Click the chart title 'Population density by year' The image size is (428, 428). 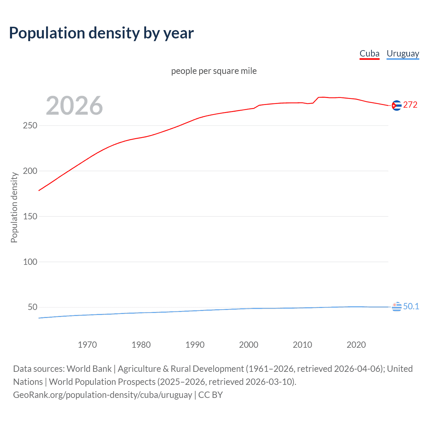tap(101, 33)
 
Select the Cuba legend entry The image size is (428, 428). tap(369, 53)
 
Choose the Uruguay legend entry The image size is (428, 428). tap(403, 53)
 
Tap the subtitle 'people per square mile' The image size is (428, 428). tap(214, 71)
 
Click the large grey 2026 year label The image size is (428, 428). tap(74, 105)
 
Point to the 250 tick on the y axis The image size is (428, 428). tap(30, 125)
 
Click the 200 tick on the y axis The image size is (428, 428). tap(30, 171)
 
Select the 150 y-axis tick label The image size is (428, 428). tap(30, 216)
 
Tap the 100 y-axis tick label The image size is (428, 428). tap(30, 262)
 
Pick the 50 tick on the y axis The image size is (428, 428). tap(32, 307)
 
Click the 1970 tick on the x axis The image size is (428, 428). tap(87, 345)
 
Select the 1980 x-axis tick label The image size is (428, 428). tap(141, 345)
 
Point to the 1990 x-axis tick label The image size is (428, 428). tap(195, 345)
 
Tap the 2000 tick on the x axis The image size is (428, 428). tap(248, 345)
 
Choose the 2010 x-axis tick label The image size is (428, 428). tap(302, 345)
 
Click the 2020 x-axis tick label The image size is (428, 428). tap(356, 345)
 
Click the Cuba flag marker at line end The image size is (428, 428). tap(397, 105)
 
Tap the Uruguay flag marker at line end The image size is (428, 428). tap(397, 306)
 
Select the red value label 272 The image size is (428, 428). tap(410, 105)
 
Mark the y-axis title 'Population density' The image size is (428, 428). tap(14, 207)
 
